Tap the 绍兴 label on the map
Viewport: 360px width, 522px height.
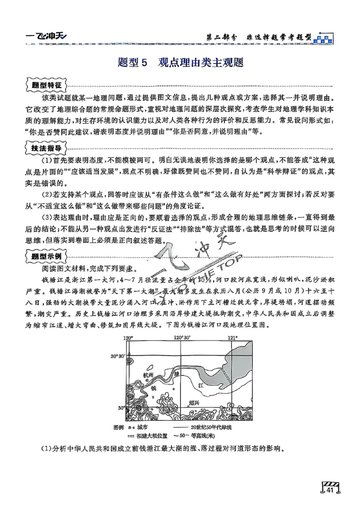[x=194, y=403]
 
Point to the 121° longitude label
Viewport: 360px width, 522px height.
[x=232, y=338]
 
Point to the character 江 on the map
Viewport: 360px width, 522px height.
[x=201, y=385]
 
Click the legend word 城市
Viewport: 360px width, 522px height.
[x=141, y=427]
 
